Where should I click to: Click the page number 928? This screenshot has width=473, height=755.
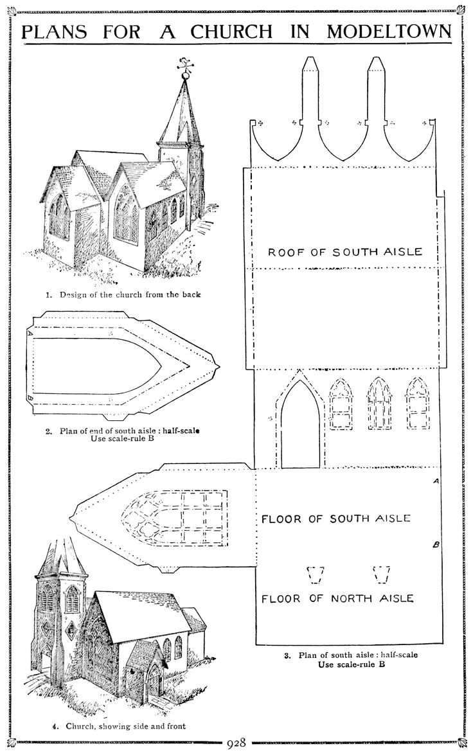[x=236, y=745]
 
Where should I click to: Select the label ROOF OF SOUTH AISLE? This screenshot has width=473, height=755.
[x=345, y=252]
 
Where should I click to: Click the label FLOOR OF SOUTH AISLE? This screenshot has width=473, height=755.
[x=335, y=518]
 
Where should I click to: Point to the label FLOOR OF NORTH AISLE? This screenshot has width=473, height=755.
[x=337, y=599]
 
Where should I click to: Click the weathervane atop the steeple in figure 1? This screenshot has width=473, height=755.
[x=186, y=64]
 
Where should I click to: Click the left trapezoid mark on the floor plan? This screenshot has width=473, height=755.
[x=315, y=574]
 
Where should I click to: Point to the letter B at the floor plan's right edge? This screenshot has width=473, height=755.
[x=436, y=546]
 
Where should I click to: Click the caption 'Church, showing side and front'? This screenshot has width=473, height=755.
[x=120, y=727]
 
